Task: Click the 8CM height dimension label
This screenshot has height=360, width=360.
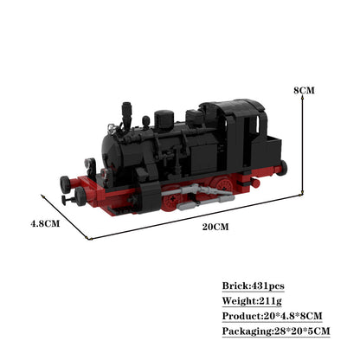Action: click(x=304, y=90)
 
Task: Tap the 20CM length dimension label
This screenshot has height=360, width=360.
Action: click(x=215, y=227)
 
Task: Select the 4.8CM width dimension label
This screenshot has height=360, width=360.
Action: click(x=45, y=223)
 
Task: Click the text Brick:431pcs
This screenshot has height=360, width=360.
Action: click(x=253, y=286)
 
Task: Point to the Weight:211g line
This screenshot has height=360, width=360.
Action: click(x=252, y=301)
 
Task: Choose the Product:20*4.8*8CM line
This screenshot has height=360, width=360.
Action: click(x=272, y=316)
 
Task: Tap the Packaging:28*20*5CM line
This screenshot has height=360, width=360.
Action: click(x=276, y=331)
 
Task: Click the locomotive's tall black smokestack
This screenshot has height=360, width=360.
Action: click(x=126, y=115)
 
